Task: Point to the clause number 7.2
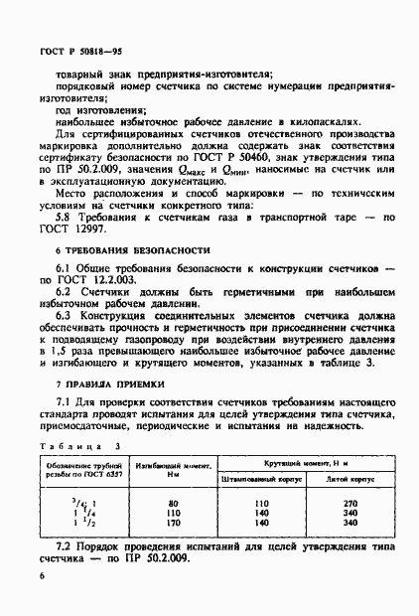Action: pos(65,545)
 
